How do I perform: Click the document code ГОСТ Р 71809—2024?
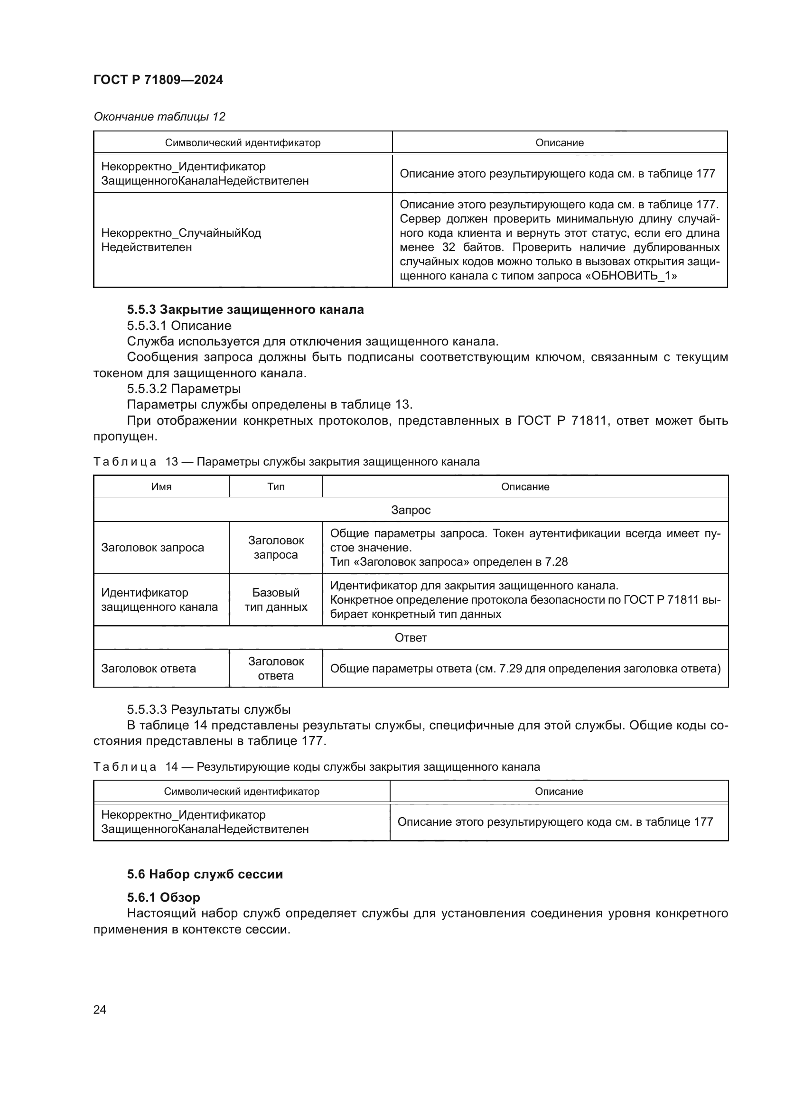point(158,80)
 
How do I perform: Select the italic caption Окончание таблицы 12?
point(159,117)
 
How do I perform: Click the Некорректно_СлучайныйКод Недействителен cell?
point(181,240)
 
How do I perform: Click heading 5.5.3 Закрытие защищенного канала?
point(245,309)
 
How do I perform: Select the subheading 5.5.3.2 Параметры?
point(184,389)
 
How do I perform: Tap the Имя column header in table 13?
point(161,487)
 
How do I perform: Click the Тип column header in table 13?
point(276,487)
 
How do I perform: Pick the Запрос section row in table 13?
point(411,510)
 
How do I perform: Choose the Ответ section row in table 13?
point(411,638)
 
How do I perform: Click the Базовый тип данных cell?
point(276,599)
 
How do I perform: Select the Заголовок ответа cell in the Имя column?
point(149,669)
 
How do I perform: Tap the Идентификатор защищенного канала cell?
point(159,599)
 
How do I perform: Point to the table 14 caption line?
point(317,767)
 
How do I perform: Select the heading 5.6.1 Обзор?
point(163,897)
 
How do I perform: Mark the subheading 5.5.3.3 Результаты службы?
point(208,709)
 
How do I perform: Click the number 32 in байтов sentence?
point(449,248)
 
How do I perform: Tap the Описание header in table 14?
point(558,792)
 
